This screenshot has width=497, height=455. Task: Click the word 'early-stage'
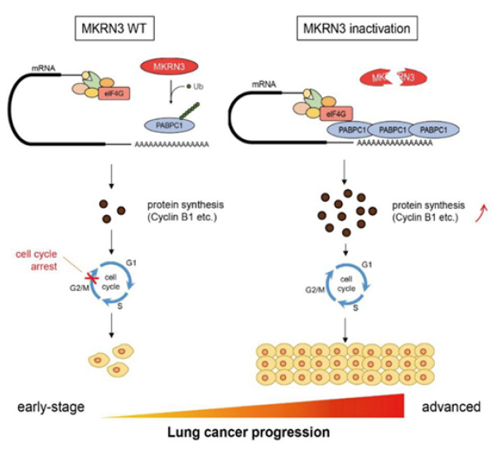(x=37, y=407)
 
